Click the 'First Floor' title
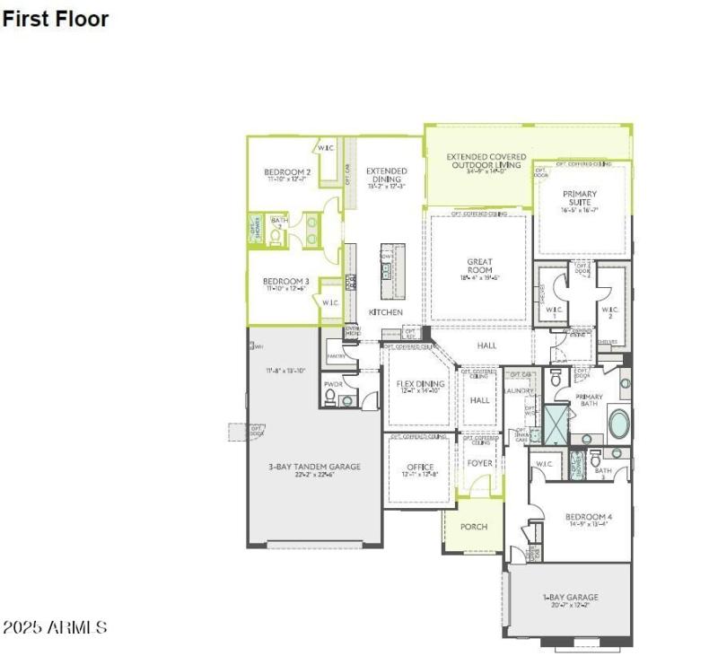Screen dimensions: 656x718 (x=55, y=19)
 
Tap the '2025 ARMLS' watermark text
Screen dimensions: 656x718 (x=55, y=627)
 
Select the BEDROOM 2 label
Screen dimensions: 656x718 (x=287, y=172)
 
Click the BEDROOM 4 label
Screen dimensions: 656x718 (x=589, y=517)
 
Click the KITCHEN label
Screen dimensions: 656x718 (x=386, y=312)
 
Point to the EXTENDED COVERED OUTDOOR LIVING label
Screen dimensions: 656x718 (x=488, y=162)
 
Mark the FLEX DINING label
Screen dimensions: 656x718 (x=420, y=384)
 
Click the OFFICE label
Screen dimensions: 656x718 (x=420, y=468)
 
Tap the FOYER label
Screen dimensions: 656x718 (x=480, y=463)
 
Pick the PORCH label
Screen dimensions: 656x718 (x=473, y=527)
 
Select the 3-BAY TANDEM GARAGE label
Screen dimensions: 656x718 (x=314, y=467)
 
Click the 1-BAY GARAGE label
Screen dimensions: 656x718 (x=570, y=598)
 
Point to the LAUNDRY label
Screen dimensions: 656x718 (x=520, y=390)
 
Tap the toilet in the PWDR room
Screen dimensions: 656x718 (x=330, y=395)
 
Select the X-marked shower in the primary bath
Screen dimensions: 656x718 (x=556, y=424)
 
